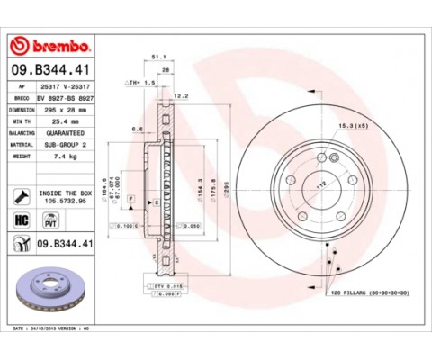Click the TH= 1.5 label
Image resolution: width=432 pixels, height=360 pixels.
(142, 81)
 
